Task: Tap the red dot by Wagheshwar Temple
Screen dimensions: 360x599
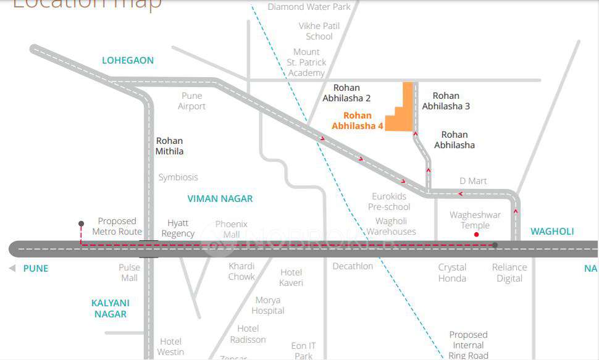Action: point(476,235)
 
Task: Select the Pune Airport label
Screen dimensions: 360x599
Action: point(191,101)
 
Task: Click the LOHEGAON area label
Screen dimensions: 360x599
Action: point(128,61)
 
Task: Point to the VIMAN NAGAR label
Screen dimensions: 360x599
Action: point(220,199)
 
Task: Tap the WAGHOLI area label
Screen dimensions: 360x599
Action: point(552,232)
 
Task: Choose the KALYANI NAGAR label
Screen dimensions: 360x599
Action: point(111,308)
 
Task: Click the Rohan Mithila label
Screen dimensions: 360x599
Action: point(169,146)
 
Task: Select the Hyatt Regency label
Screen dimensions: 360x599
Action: point(178,228)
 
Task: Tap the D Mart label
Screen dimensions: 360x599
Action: point(473,181)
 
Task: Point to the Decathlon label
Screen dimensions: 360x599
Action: point(353,266)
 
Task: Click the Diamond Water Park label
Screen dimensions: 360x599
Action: point(309,7)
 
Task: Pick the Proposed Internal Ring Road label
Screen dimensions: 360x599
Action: point(468,345)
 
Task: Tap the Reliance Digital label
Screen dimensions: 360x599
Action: point(509,272)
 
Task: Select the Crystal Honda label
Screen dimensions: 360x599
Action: point(452,272)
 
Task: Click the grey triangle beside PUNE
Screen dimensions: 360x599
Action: point(12,269)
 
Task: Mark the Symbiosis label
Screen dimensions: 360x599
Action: point(178,177)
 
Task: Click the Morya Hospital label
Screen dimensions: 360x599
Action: point(268,305)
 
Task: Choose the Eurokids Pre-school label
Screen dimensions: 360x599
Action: point(389,201)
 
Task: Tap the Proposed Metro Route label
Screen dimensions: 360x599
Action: point(117,226)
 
